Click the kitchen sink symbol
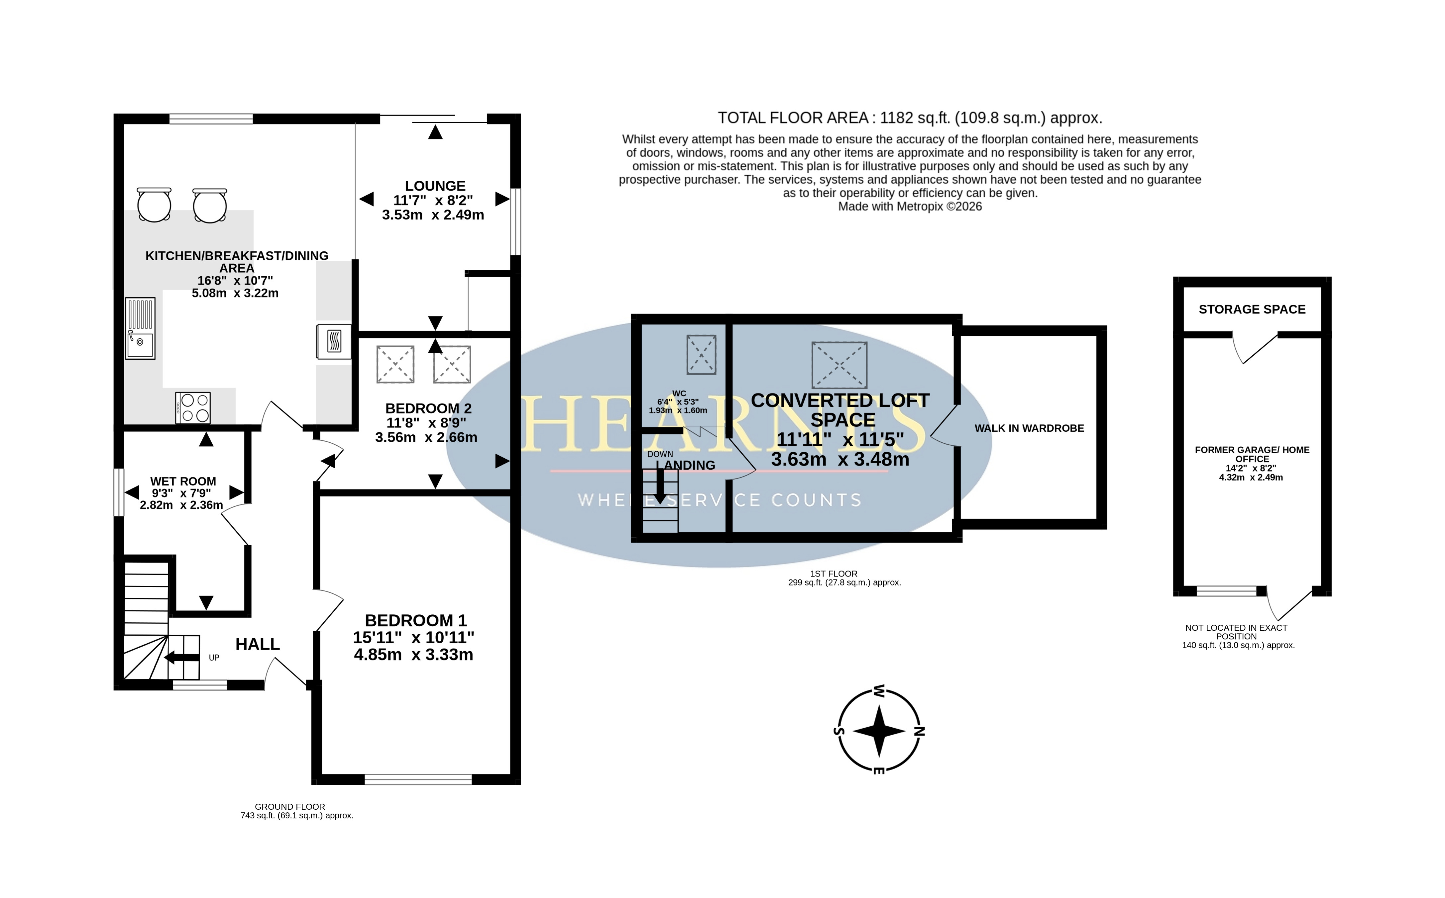coord(140,328)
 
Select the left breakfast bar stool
coord(155,205)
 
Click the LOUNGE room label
coord(435,186)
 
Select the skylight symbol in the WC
coord(701,355)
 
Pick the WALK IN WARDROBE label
coord(1029,428)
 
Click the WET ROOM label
coord(183,482)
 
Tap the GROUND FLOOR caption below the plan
coord(290,807)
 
